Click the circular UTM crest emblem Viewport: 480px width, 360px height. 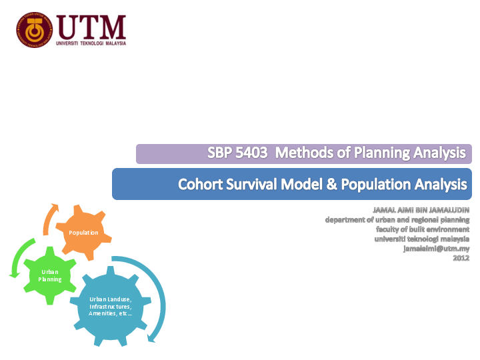pos(33,29)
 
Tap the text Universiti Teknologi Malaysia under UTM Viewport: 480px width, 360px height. pos(91,43)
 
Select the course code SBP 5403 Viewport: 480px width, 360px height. pos(237,153)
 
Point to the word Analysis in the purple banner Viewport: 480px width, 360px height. pos(439,153)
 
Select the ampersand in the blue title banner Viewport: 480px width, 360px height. pos(331,183)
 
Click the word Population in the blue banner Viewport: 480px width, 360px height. pos(373,183)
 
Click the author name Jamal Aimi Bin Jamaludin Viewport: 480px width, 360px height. pos(421,211)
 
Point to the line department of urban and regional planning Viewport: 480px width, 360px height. pos(397,219)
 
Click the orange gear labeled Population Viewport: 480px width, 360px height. pos(84,233)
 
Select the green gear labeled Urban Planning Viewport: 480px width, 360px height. pos(49,275)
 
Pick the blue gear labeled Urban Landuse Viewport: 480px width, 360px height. pos(111,307)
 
